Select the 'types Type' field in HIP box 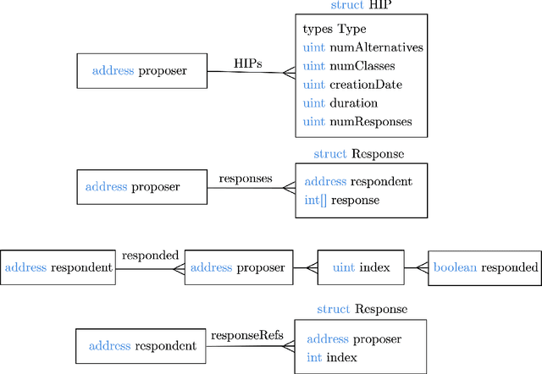(335, 29)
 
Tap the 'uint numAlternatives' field (362, 47)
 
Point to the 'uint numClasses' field (348, 66)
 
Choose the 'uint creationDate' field (352, 85)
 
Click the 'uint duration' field (341, 103)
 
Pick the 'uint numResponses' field (357, 122)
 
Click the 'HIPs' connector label (247, 63)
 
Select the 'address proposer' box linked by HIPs (142, 71)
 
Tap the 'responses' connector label (246, 179)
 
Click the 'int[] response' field (341, 201)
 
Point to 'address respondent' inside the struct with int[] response (358, 182)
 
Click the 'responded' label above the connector (150, 255)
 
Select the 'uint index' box (361, 268)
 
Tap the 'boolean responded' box (485, 268)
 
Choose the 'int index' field (334, 358)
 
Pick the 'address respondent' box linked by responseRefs (142, 346)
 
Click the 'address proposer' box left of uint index (238, 268)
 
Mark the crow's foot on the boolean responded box (423, 268)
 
